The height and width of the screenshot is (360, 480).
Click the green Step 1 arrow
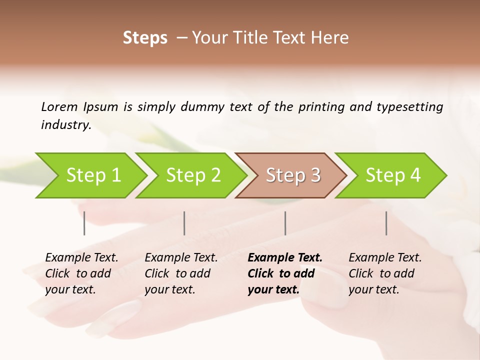(93, 175)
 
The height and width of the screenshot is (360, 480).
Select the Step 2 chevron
(193, 175)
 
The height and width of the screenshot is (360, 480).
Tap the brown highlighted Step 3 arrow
(292, 175)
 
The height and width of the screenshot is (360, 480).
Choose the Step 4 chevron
(392, 175)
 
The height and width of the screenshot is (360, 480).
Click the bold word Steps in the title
(145, 37)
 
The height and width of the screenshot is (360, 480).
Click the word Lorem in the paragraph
(59, 106)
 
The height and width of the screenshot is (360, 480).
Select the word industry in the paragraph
(65, 125)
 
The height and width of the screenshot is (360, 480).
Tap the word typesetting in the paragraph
(409, 106)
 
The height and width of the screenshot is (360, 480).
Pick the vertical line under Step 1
(84, 223)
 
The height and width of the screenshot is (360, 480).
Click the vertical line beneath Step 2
(184, 223)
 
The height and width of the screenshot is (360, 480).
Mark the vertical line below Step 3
(285, 223)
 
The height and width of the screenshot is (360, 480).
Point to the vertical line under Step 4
(386, 223)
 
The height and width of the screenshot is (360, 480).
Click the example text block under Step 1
(81, 273)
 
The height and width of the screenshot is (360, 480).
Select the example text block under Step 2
(181, 273)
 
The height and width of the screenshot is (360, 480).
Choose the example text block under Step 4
(385, 273)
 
